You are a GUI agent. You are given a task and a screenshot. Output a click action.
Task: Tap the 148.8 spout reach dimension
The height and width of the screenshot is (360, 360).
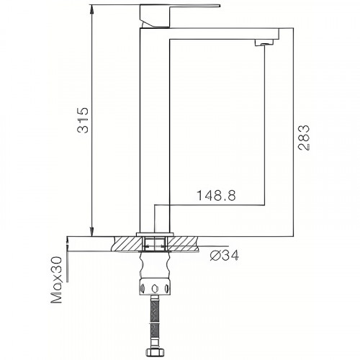tap(217, 194)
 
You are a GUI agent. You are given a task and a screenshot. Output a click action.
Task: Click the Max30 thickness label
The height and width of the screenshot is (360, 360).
tap(55, 281)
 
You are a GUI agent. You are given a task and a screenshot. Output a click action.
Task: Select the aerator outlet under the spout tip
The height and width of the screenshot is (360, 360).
tap(264, 45)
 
